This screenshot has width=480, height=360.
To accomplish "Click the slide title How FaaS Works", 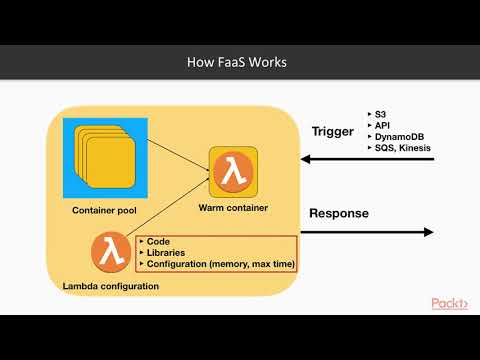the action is coord(239,62).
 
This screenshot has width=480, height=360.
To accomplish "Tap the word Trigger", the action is coord(333,131).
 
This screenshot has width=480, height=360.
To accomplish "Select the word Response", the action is coord(338,213).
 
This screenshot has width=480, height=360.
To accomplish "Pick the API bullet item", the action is coord(381,127).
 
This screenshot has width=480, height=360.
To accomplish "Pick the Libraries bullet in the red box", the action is coord(164,253).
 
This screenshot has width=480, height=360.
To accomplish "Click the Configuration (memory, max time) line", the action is coord(215,265).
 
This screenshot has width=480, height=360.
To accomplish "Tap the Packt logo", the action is coord(449,303).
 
